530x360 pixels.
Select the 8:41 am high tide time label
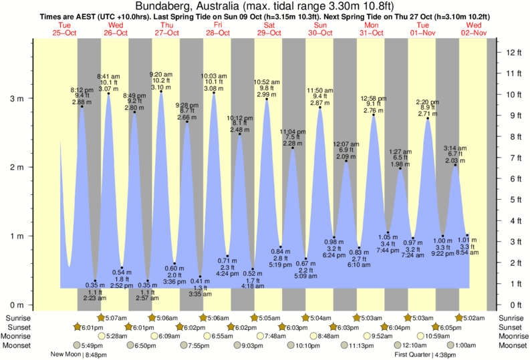[x=108, y=76]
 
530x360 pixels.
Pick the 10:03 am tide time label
[x=214, y=76]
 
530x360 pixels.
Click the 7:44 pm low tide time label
[x=388, y=250]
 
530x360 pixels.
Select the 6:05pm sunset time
[x=452, y=327]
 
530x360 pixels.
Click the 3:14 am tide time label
[x=456, y=148]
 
